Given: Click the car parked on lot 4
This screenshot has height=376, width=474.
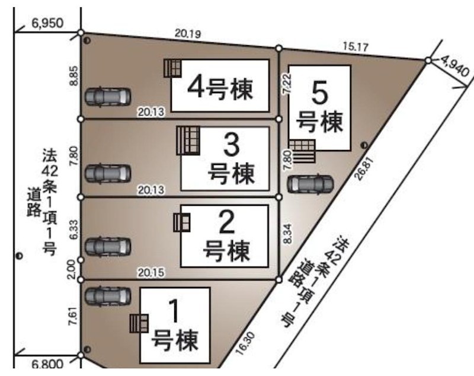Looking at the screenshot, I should (x=107, y=95).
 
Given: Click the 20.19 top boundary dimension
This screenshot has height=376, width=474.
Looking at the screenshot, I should (x=188, y=34).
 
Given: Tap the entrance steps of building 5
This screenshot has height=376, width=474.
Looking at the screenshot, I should (x=303, y=151).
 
